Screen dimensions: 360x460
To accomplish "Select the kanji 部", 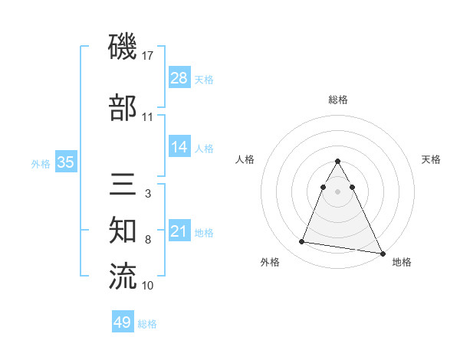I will click(x=123, y=107).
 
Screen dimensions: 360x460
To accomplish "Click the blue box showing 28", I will click(x=179, y=79).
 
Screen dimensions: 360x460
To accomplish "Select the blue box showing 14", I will click(x=179, y=147).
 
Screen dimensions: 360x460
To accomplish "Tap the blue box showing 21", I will click(x=179, y=231).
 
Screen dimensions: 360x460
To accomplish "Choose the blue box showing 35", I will click(x=66, y=162).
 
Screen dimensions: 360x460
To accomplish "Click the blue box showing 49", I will click(x=123, y=322).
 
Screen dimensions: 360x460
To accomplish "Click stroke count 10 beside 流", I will click(x=148, y=286).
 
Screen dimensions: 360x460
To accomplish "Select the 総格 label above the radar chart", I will click(x=337, y=100).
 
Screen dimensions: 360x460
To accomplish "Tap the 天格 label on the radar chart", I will click(x=431, y=159).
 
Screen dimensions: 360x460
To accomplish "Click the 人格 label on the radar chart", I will click(x=245, y=159).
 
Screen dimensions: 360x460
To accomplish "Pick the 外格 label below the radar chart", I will click(x=270, y=263).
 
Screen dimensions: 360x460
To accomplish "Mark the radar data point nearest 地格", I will click(x=383, y=252).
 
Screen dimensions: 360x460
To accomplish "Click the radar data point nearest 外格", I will click(x=302, y=241).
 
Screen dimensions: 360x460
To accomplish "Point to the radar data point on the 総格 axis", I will click(x=337, y=162).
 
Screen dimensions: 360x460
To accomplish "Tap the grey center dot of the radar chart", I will click(x=337, y=191).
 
